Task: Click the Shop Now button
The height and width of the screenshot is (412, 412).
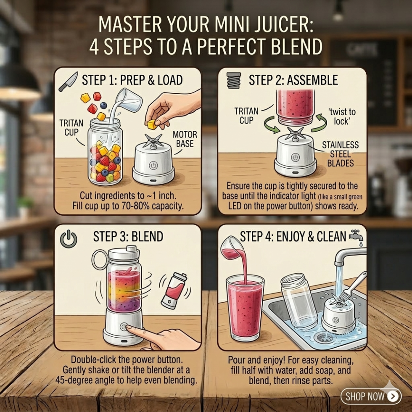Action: (371, 396)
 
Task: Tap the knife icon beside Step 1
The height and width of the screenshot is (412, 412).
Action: (68, 82)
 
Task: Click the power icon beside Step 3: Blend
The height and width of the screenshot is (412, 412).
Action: (69, 239)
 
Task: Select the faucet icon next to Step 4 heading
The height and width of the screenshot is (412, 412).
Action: (357, 238)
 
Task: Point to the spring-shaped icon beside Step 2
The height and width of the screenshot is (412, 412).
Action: (234, 80)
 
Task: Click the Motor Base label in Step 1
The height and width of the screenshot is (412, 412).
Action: (185, 139)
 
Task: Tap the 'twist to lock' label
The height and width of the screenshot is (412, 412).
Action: (341, 116)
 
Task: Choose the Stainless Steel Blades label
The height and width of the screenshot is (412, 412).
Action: (340, 154)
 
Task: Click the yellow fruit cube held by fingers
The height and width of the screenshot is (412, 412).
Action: (152, 124)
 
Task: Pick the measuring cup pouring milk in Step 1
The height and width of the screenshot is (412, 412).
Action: (129, 100)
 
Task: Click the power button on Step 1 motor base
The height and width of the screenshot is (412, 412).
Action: (153, 166)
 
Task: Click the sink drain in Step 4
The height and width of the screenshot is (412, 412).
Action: (325, 337)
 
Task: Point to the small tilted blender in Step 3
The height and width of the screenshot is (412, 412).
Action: (174, 291)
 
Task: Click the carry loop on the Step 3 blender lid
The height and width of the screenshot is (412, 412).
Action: (100, 260)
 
